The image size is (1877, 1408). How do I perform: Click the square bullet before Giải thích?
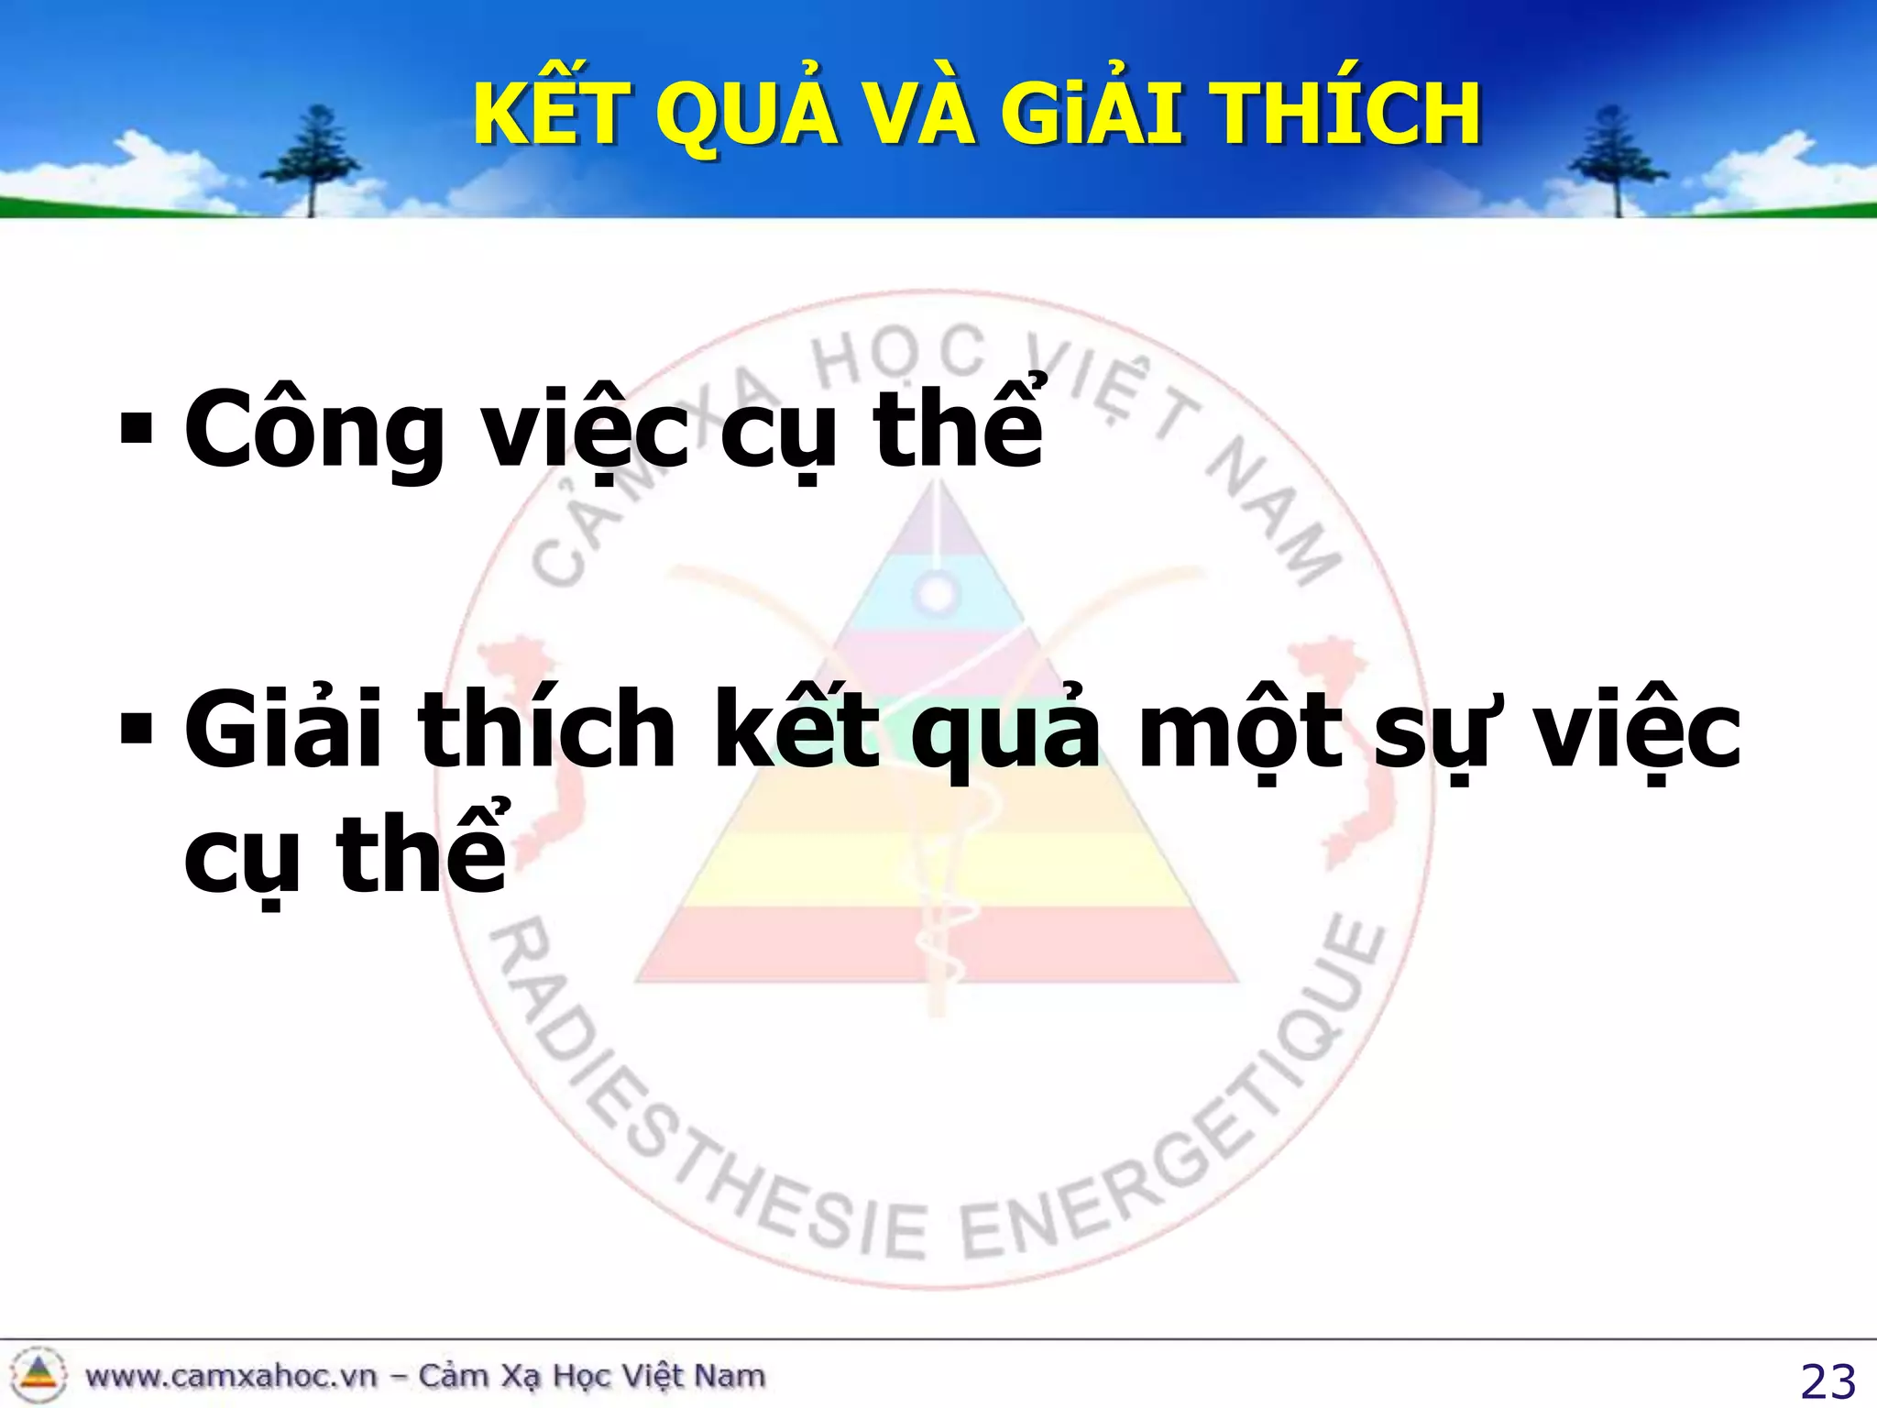tap(136, 728)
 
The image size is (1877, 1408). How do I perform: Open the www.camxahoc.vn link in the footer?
tap(231, 1376)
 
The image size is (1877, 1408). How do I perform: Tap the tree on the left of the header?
tap(313, 160)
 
